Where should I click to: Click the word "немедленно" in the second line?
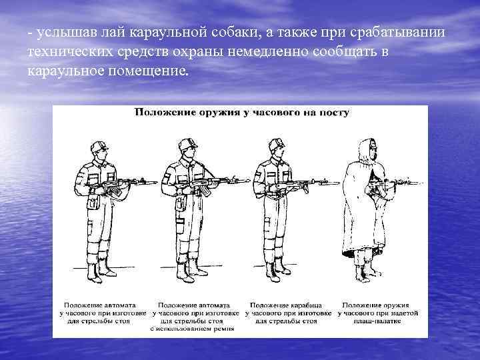coord(267,52)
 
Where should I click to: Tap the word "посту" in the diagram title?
coord(333,113)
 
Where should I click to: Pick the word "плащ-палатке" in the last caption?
coord(377,320)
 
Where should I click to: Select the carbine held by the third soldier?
coord(300,183)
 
